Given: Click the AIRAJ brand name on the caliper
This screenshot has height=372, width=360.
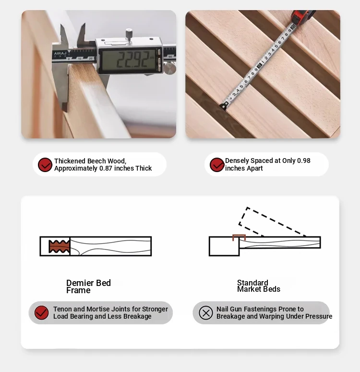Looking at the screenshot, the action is click(x=60, y=53).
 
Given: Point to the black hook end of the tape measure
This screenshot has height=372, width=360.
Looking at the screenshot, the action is click(x=224, y=106).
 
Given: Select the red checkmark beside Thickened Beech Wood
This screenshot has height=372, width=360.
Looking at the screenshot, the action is click(x=45, y=165).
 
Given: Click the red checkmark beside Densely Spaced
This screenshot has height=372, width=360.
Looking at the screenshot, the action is click(x=217, y=165).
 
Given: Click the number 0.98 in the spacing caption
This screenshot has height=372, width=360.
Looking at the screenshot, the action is click(x=303, y=161).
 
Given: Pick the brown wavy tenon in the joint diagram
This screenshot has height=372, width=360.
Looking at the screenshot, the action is click(x=59, y=246).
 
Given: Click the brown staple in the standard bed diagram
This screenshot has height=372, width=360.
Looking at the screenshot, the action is click(x=239, y=237).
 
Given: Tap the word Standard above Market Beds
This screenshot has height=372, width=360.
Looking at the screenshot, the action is click(x=252, y=283).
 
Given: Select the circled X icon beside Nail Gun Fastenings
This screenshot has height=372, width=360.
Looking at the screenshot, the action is click(x=206, y=313).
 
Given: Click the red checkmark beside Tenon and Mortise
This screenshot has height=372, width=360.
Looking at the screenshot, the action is click(x=41, y=313).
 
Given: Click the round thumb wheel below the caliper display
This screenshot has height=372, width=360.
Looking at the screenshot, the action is click(x=170, y=68).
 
